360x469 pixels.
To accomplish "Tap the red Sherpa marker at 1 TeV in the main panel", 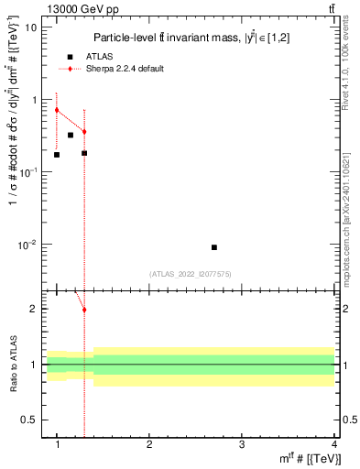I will tap(57, 110).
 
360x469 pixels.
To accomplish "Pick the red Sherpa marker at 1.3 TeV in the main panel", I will tap(84, 132).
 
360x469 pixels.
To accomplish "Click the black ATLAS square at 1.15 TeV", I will tap(71, 135).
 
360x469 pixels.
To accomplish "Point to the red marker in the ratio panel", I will tap(84, 310).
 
